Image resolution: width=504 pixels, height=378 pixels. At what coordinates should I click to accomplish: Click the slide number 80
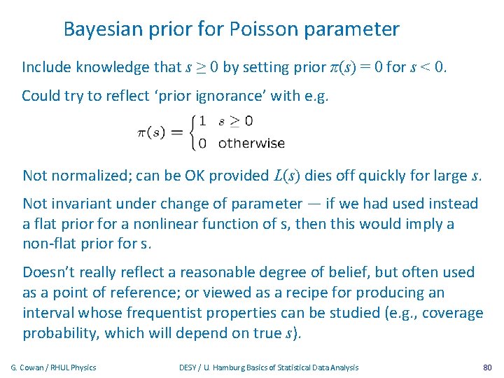(487, 367)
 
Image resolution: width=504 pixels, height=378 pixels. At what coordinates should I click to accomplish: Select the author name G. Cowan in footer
(32, 367)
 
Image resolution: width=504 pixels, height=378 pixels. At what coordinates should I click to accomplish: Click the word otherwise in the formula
(251, 143)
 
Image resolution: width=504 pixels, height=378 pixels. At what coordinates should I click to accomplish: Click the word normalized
(87, 175)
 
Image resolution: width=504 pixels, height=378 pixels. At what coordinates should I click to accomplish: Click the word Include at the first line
(47, 67)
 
